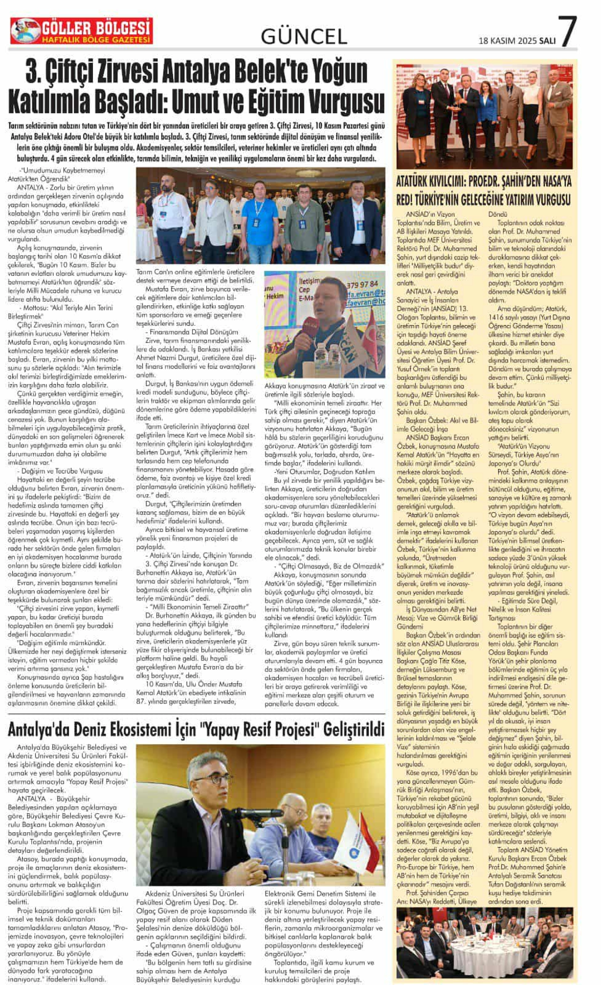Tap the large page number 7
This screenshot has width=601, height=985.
coord(567,32)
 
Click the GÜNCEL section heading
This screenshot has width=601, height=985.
coord(304,37)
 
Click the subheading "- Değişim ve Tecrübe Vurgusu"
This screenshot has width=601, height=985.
coord(60,471)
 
